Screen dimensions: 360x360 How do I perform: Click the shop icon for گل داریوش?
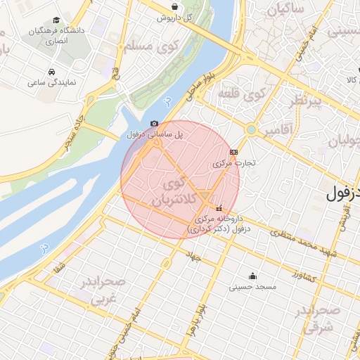point(174,7)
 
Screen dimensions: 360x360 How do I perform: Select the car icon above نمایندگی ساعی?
point(52,72)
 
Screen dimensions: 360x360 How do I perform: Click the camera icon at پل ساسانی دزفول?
point(155,124)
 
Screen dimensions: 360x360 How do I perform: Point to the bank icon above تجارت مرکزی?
point(233,152)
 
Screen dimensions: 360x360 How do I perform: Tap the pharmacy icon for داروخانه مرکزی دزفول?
point(219,208)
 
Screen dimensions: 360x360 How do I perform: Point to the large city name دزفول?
point(342,192)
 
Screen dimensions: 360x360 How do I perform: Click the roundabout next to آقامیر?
point(251,129)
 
